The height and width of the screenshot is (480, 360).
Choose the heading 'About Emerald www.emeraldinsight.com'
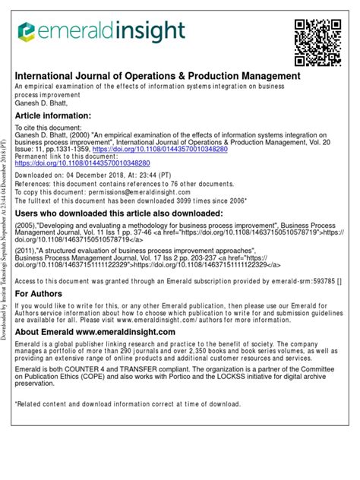(96, 333)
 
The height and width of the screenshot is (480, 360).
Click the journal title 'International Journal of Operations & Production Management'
(158, 77)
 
